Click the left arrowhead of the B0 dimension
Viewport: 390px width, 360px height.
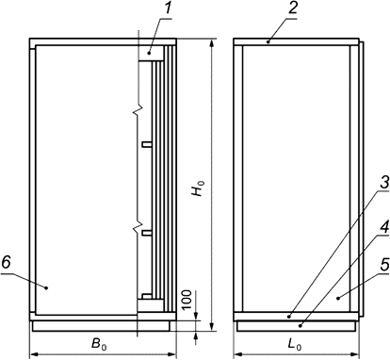point(36,354)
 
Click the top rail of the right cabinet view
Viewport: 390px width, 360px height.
point(295,42)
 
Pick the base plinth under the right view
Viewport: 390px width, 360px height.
point(296,323)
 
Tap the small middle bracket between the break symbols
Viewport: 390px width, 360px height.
point(145,144)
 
